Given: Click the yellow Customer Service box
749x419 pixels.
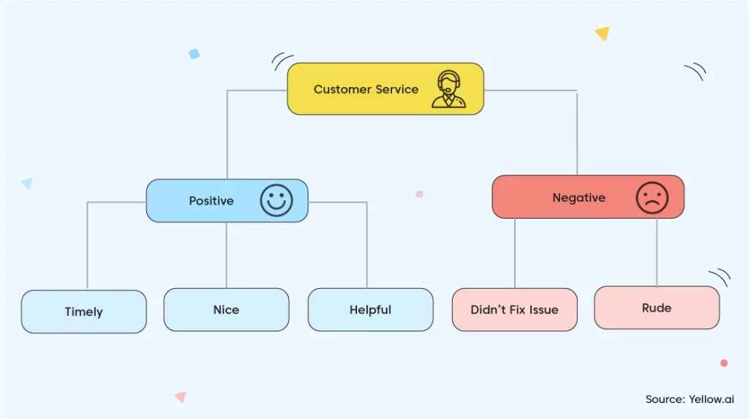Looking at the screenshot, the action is click(x=385, y=89).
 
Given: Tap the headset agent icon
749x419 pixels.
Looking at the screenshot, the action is click(x=448, y=89).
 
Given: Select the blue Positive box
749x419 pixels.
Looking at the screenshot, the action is click(x=227, y=200).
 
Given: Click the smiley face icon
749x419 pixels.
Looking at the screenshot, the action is click(x=276, y=200).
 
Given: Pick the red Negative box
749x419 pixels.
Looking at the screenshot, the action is click(x=588, y=197).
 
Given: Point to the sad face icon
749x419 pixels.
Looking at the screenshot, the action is click(x=652, y=197).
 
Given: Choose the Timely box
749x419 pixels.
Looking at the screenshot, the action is click(x=83, y=312).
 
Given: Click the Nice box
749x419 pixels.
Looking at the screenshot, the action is click(x=227, y=309).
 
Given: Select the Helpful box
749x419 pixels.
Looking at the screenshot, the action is click(x=371, y=309).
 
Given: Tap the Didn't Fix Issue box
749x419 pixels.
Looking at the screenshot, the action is click(x=514, y=309).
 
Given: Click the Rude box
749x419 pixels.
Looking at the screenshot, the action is click(x=657, y=308).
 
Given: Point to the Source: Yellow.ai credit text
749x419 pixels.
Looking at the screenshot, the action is click(x=690, y=399).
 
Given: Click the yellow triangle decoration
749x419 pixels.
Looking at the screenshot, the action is click(x=603, y=33).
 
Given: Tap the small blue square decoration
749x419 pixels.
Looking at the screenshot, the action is click(x=194, y=54).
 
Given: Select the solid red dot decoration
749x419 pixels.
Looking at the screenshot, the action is click(x=724, y=363).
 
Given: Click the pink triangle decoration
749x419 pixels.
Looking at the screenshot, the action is click(x=181, y=396).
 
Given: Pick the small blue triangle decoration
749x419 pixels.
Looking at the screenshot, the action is click(x=28, y=183).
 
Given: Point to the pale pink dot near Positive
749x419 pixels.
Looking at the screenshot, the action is click(x=419, y=194).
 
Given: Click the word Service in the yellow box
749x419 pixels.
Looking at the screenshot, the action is click(x=396, y=89).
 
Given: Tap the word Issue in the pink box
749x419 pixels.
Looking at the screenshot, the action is click(x=543, y=309).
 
